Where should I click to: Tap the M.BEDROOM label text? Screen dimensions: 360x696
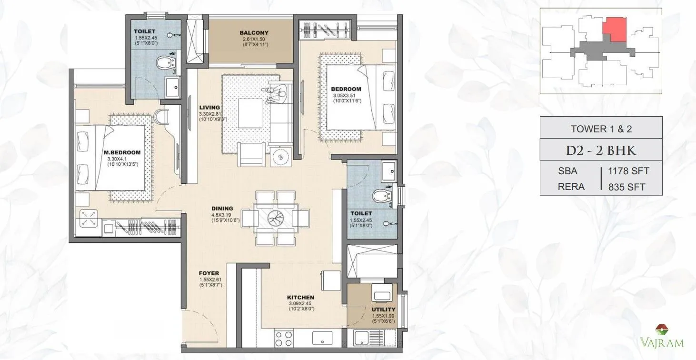(x=122, y=152)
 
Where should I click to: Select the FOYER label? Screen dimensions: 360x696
(x=209, y=273)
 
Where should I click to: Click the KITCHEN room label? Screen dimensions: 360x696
(x=301, y=298)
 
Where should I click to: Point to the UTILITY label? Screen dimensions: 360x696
(x=384, y=309)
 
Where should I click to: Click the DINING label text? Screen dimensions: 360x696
(x=222, y=208)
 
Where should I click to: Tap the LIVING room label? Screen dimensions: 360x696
(x=209, y=108)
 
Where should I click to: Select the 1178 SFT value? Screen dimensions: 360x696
(x=629, y=170)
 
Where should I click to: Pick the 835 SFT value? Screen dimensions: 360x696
(x=627, y=187)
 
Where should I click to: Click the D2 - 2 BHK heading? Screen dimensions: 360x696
(x=601, y=150)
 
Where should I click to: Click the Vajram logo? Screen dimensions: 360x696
(x=666, y=336)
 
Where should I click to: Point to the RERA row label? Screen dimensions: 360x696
(x=571, y=187)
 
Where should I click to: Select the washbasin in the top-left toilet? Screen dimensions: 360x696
(x=172, y=87)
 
